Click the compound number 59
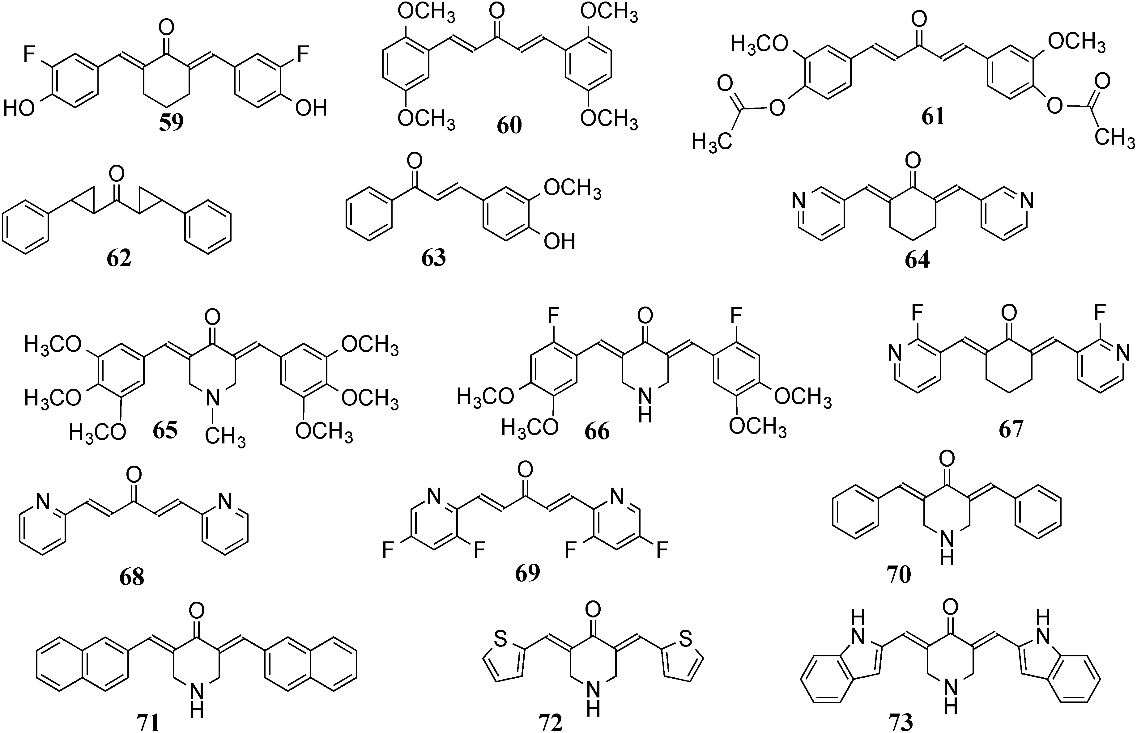(x=171, y=122)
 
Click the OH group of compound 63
(x=560, y=241)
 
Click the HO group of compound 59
(x=19, y=108)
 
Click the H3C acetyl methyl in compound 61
(x=710, y=142)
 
